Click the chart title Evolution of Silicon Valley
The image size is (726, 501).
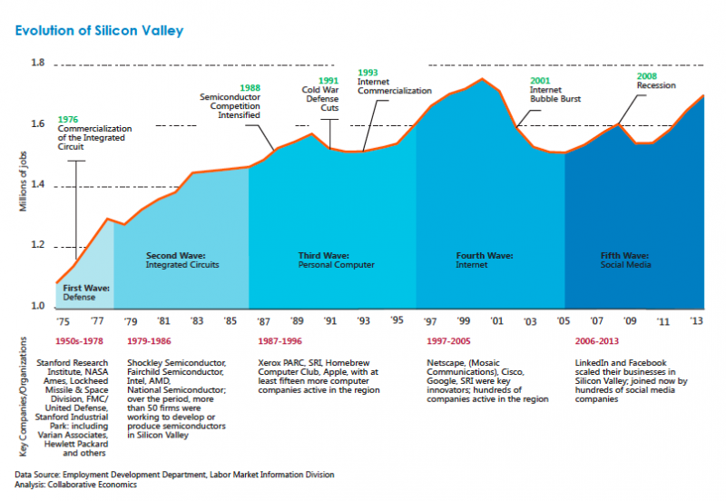99,31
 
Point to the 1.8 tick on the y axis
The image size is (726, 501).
37,63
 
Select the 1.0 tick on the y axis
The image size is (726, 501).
37,306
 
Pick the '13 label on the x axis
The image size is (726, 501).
696,320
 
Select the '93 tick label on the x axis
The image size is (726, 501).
363,320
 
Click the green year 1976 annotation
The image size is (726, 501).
67,119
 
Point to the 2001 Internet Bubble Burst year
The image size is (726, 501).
541,81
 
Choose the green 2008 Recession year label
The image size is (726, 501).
648,76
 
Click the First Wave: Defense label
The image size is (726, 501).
86,292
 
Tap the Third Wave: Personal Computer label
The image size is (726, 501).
336,260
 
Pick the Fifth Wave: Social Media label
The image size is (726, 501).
626,260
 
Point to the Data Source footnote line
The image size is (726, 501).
173,475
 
